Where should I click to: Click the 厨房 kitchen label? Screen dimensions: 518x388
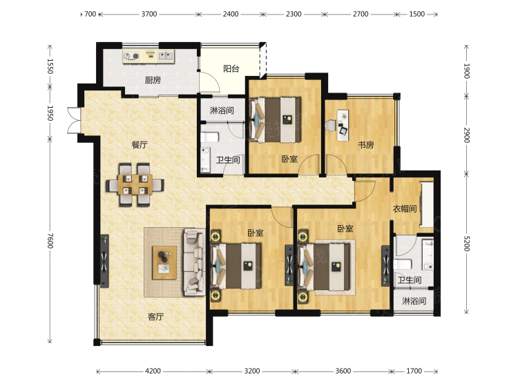point(153,80)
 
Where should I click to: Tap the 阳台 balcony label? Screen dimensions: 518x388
point(231,68)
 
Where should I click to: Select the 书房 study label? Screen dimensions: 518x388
point(366,144)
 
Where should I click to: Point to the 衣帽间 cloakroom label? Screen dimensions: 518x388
point(405,208)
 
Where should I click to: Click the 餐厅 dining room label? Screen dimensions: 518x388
point(140,144)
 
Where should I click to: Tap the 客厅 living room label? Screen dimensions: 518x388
point(155,317)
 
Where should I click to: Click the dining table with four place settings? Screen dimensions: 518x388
point(135,185)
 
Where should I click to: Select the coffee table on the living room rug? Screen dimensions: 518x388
point(164,263)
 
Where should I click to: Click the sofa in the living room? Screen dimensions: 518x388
point(195,262)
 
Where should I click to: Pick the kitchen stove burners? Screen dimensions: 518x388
point(131,56)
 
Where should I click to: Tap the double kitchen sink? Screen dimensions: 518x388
point(166,56)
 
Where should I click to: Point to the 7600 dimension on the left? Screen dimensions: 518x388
point(50,240)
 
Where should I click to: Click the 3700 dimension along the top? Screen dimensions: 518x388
point(149,14)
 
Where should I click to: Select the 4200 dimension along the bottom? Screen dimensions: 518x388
point(153,371)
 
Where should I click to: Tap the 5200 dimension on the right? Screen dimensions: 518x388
point(466,244)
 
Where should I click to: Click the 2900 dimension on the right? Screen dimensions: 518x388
point(466,135)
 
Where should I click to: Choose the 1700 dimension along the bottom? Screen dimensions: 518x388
point(414,371)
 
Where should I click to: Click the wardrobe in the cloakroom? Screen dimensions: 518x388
point(427,204)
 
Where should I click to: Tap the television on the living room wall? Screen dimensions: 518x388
point(104,261)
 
